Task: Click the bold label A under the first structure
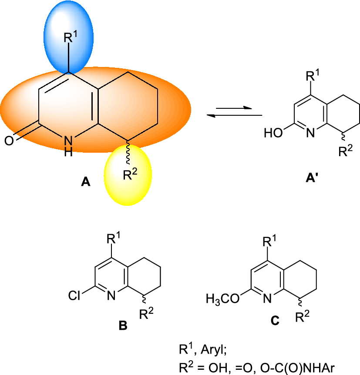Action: click(x=86, y=183)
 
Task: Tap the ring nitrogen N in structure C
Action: click(x=267, y=298)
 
